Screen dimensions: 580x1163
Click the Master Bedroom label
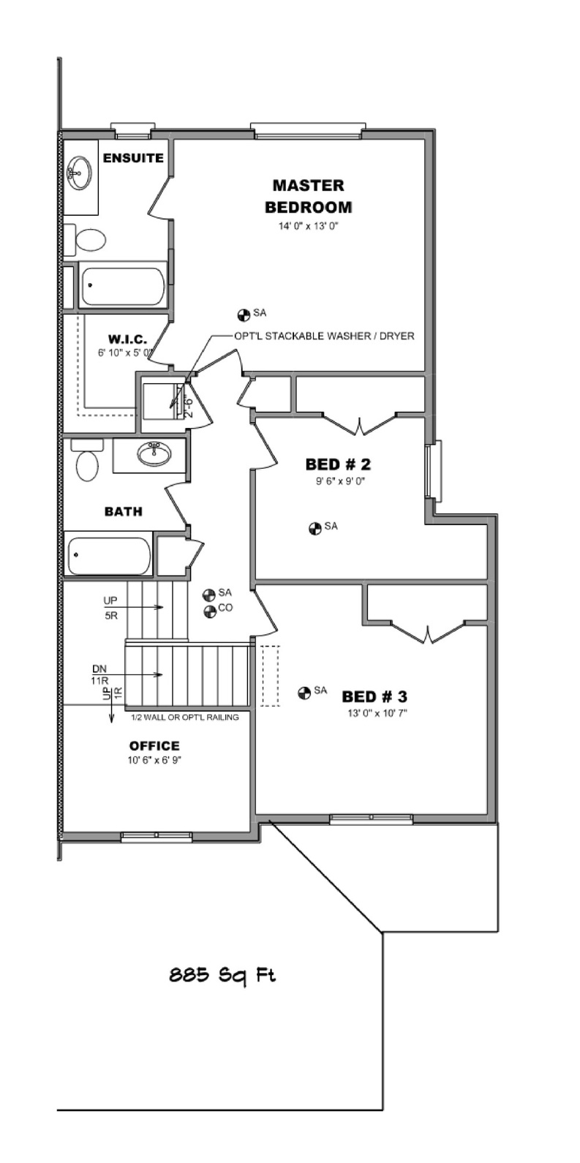(309, 196)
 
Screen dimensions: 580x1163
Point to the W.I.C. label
(127, 339)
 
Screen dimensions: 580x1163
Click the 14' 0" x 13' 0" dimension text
(309, 226)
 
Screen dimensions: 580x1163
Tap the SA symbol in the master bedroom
(244, 315)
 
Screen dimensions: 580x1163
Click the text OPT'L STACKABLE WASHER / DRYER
(324, 336)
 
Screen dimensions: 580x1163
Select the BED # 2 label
(338, 464)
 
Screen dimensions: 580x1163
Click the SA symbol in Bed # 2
(315, 529)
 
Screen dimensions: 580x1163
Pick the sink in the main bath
(154, 454)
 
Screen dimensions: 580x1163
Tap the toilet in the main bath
(87, 460)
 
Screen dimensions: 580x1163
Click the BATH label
(123, 511)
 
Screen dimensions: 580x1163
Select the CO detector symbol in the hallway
(210, 611)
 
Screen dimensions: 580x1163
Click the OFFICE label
(154, 745)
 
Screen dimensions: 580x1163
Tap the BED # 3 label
(374, 696)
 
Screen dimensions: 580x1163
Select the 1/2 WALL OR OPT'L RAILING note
(185, 717)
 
